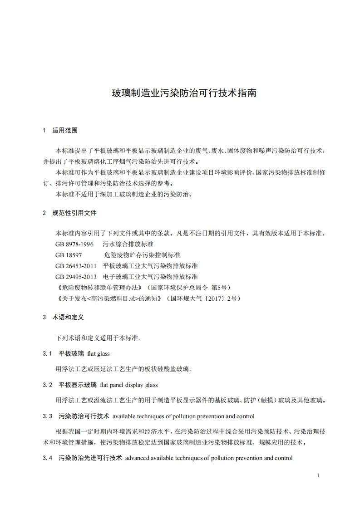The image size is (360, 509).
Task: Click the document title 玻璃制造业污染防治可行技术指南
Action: (184, 94)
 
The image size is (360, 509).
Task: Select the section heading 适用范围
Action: (65, 130)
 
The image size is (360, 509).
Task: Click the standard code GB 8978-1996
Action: (74, 244)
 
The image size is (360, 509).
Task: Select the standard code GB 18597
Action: (69, 255)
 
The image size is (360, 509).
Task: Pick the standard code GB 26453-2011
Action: (76, 266)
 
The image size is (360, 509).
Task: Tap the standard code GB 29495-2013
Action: (76, 277)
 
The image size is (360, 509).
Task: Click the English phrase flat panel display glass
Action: (129, 385)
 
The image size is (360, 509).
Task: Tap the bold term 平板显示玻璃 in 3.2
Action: (78, 385)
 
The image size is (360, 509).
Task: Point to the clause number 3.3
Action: (47, 416)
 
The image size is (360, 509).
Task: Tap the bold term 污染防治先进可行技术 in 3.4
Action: (90, 458)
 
